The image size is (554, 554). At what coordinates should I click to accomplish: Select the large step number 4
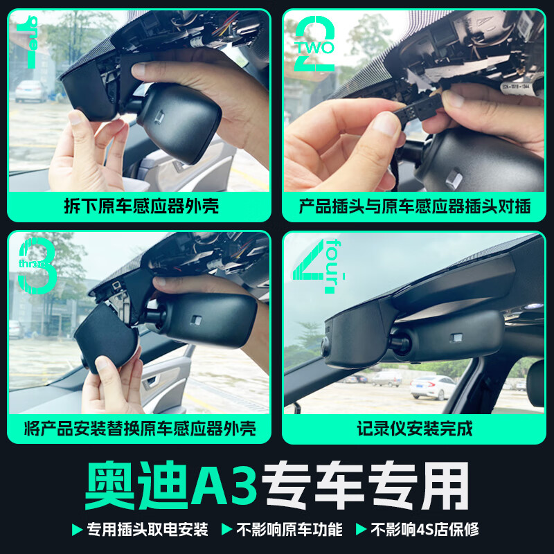click(309, 267)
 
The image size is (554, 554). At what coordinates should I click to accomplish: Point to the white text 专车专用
click(368, 485)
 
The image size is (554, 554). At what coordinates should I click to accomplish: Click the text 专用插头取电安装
click(147, 530)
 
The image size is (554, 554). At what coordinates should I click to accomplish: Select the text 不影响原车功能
click(289, 530)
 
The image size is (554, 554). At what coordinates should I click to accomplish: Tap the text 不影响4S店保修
click(424, 530)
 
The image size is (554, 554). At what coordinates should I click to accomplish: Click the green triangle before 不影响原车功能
click(226, 530)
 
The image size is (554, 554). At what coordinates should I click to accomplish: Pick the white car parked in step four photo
click(433, 386)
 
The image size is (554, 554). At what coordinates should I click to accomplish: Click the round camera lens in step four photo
click(326, 347)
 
